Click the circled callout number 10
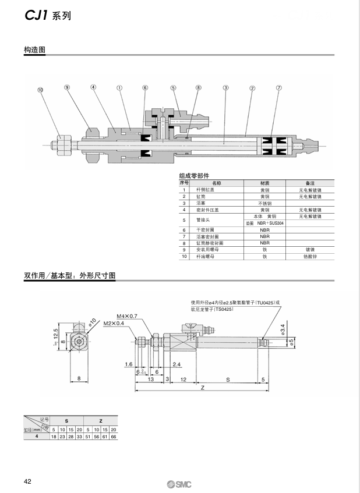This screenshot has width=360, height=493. click(x=40, y=90)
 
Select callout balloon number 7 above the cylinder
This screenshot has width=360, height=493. click(x=278, y=88)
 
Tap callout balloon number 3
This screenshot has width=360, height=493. click(x=225, y=88)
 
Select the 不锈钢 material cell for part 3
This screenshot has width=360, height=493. click(x=264, y=203)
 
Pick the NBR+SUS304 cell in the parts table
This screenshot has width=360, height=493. click(x=264, y=223)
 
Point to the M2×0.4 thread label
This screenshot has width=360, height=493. click(x=114, y=323)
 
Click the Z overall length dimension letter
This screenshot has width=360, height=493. click(x=202, y=388)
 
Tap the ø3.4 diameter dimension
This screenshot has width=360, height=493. click(x=283, y=328)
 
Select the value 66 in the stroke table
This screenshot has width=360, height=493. click(x=114, y=435)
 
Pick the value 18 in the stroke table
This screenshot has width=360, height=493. click(x=54, y=435)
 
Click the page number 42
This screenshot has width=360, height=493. click(x=27, y=481)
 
